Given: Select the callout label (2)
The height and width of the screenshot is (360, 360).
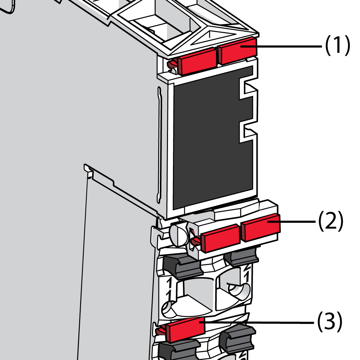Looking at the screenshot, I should (331, 221).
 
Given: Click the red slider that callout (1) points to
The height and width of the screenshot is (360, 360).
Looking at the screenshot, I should (238, 50).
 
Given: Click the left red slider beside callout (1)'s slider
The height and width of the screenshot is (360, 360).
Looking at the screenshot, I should (197, 61).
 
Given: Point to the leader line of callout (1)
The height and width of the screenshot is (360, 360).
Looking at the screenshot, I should (286, 46).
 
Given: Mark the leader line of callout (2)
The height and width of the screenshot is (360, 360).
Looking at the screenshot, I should (296, 221).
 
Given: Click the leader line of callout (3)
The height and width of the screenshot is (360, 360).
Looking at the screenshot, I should (258, 322).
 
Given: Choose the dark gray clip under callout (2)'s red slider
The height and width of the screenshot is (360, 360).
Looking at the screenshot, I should (242, 257).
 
